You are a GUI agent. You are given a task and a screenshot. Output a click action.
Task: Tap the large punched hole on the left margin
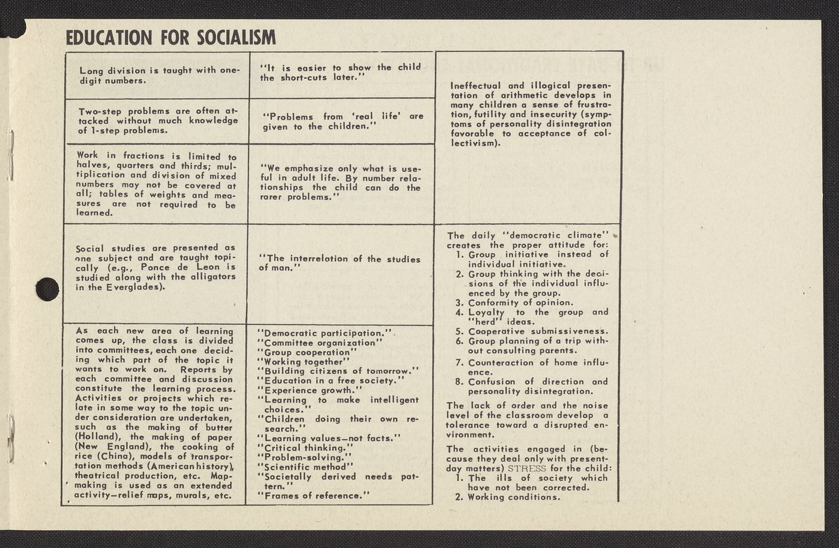(47, 289)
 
